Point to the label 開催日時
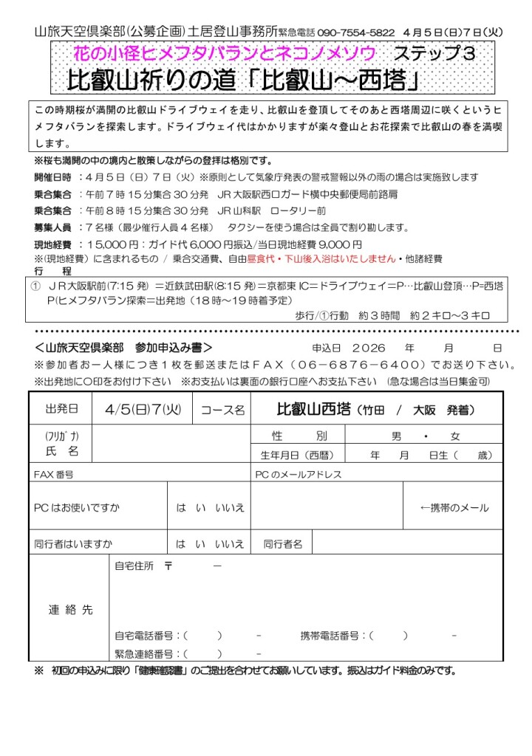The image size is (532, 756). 52,177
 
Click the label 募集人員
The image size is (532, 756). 52,227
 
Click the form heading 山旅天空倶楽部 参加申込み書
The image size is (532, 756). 123,347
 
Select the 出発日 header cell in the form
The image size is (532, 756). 60,408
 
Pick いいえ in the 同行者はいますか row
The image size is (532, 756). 229,544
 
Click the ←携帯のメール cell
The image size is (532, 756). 454,508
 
